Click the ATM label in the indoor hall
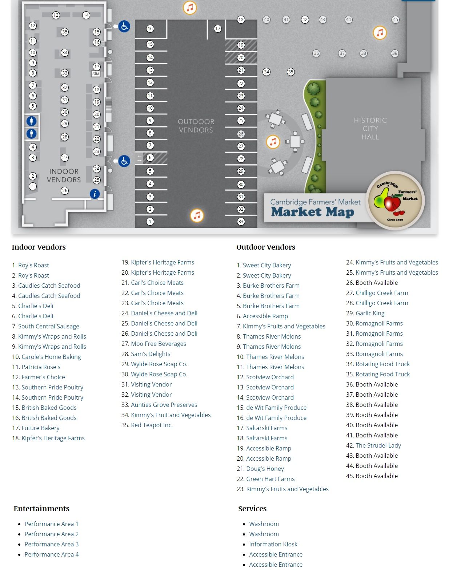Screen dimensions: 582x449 96,74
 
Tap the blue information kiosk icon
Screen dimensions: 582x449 95,194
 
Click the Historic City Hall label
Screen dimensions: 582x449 370,129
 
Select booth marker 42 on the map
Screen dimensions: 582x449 305,20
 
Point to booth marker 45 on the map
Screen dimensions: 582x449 395,20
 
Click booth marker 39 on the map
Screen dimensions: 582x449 394,53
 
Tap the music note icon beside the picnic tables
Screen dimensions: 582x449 273,142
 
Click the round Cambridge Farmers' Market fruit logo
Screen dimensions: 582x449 395,200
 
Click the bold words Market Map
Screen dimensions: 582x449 312,212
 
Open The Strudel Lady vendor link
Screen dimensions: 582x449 378,445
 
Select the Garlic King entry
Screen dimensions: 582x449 370,313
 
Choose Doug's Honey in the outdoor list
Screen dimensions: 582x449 265,469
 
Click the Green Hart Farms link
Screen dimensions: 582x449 270,479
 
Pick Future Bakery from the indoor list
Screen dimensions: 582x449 40,428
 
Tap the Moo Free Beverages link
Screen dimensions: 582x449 158,344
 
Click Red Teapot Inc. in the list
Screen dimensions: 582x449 152,425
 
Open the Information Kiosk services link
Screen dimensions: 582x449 273,544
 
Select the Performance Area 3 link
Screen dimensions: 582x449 51,544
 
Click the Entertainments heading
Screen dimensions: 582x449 41,509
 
